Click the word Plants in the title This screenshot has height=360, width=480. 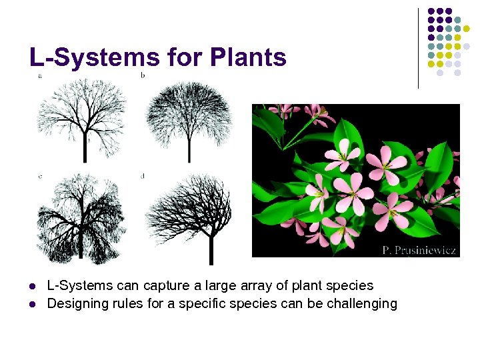point(247,57)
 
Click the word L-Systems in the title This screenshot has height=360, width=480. point(94,57)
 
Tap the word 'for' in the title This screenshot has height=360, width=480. point(185,57)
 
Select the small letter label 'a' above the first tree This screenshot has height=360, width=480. point(40,75)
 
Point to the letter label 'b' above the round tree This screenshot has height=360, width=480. point(143,75)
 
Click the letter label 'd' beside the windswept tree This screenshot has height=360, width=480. point(143,176)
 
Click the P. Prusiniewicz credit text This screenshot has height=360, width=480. point(419,250)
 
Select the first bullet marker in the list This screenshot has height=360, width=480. point(33,287)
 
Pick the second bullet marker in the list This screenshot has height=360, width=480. point(33,305)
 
